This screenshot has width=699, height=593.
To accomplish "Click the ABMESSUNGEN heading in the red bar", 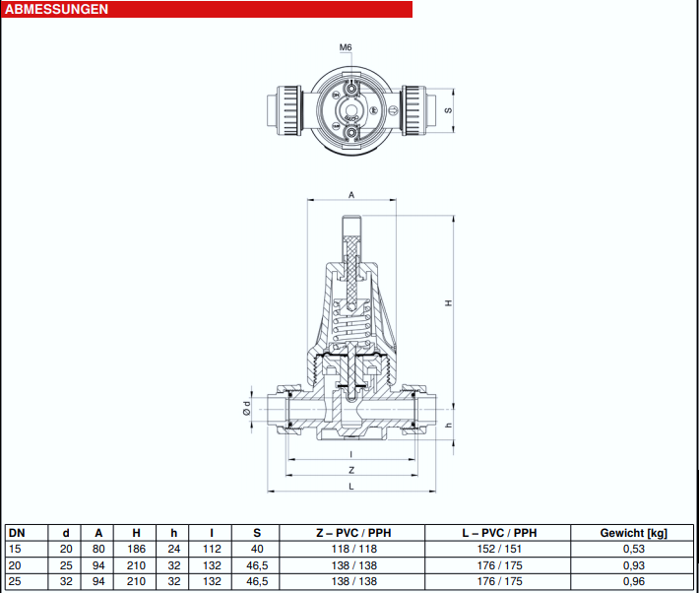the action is [57, 10].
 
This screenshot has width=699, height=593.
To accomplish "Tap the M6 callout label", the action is [346, 47].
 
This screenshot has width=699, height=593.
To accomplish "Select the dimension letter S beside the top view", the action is [449, 110].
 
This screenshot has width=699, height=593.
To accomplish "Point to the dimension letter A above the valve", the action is [351, 195].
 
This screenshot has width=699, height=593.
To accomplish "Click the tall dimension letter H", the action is [449, 303].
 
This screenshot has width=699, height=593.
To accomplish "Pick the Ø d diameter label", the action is [246, 408].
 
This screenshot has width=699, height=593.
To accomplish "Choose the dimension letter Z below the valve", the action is [351, 470].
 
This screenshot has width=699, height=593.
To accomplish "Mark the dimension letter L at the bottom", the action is [351, 487].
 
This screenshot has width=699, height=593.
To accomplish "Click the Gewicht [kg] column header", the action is [633, 533].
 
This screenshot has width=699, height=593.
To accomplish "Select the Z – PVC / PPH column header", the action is [354, 533].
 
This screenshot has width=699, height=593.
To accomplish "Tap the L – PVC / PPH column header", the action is [499, 533].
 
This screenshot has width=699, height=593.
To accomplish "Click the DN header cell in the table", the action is [17, 533].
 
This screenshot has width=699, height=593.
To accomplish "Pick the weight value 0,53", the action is [633, 549].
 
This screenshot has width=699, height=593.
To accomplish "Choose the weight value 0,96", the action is [633, 581].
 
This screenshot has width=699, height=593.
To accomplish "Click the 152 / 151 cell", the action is [499, 549].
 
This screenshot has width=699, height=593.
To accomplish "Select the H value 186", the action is [136, 549].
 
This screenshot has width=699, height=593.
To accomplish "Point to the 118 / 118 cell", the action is [354, 549].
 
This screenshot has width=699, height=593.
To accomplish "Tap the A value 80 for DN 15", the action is [98, 549].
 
